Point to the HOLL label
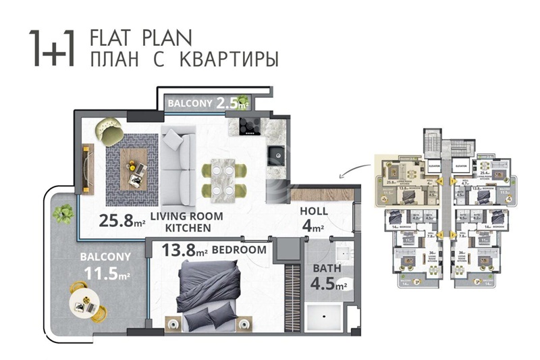pos(314,212)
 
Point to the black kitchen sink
pos(276,155)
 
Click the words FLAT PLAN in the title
pos(140,36)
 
